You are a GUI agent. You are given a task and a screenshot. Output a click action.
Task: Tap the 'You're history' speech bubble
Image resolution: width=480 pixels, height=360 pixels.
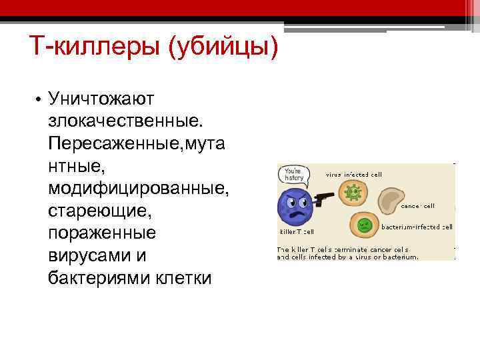click(294, 174)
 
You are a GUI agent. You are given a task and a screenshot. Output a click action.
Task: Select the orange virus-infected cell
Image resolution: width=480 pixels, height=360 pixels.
click(353, 193)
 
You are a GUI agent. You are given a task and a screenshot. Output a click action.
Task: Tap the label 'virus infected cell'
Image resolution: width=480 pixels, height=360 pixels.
click(354, 174)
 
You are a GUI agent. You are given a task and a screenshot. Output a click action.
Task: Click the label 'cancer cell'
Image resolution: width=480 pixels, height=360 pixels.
click(418, 206)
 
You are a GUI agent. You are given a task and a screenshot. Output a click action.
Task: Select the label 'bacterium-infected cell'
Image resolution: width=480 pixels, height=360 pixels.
click(417, 227)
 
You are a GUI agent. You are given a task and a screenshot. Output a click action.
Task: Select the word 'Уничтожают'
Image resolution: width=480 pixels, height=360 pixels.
click(101, 99)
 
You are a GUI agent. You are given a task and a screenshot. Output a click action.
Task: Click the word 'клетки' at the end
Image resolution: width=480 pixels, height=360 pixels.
click(183, 278)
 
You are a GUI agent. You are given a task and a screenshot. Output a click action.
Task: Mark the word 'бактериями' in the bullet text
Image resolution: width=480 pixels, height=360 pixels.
click(107, 278)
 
